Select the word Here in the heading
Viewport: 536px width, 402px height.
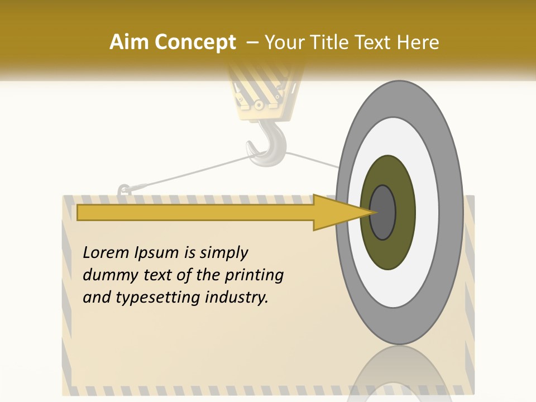[419, 42]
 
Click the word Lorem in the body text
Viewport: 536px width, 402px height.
[107, 252]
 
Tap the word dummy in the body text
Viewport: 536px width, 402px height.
[108, 275]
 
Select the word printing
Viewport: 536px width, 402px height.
[254, 276]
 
